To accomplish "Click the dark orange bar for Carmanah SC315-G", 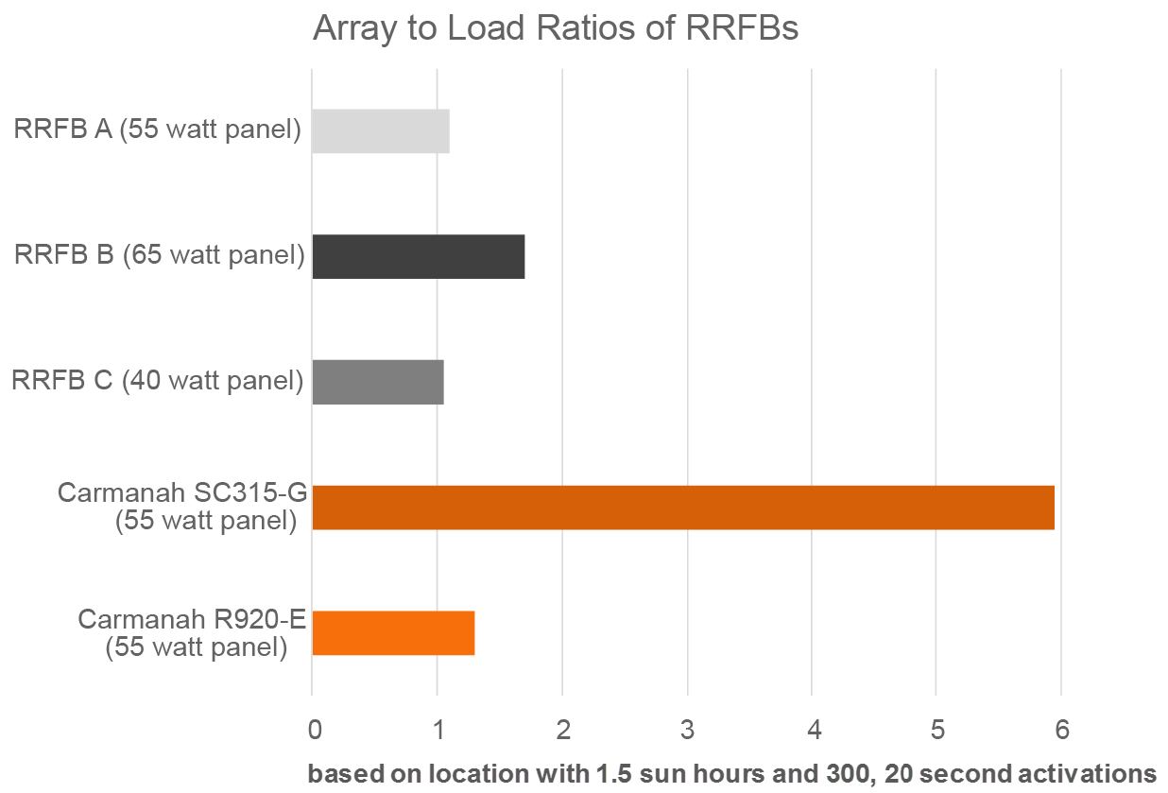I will (x=682, y=508).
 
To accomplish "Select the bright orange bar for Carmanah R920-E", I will (x=393, y=633).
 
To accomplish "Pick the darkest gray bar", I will (x=418, y=256).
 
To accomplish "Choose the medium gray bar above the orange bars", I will (x=377, y=382).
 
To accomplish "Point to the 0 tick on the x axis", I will (x=316, y=730).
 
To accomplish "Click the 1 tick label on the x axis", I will (x=438, y=730).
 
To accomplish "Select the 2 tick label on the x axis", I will (x=561, y=729).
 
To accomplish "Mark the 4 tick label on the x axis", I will (x=813, y=730).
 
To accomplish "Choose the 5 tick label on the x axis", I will (x=936, y=730).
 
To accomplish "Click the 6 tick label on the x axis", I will (x=1061, y=730).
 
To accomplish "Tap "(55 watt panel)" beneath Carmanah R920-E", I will (x=196, y=647).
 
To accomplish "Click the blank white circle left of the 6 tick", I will (x=1021, y=744).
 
